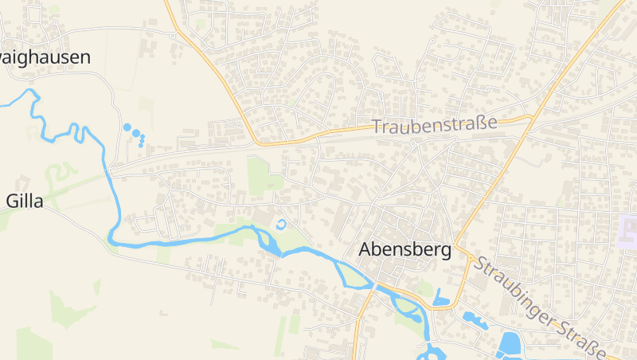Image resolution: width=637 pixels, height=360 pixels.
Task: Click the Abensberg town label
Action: coord(404,249)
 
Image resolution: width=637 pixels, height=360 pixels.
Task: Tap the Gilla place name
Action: coord(24,202)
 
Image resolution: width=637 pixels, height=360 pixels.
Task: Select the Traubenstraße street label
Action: coord(434,125)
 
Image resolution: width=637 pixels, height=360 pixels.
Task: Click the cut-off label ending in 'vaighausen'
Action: coord(45,57)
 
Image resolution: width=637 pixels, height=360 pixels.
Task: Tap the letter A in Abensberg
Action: coord(366,249)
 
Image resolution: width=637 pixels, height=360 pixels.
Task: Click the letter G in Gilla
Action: coord(11,202)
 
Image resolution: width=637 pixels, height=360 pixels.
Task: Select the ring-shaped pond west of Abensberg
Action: coord(280,224)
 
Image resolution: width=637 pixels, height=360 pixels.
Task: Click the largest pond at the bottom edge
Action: coord(509,344)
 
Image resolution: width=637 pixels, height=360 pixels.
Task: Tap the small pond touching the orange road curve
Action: coord(442,301)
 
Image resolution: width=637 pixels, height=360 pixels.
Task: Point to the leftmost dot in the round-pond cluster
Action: coord(126,127)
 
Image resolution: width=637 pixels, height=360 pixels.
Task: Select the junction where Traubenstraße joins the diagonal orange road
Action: coord(532,117)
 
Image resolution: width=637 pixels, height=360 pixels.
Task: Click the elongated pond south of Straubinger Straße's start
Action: coord(475,320)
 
